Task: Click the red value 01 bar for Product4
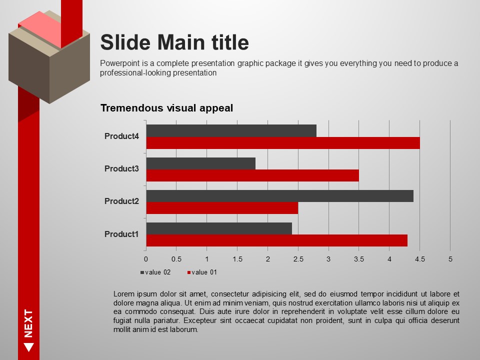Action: [x=283, y=143]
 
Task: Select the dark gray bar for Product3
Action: [x=201, y=163]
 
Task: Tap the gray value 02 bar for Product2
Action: [x=280, y=196]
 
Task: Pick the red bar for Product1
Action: [x=276, y=240]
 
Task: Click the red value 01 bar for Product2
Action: [x=222, y=208]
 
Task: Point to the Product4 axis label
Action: [x=121, y=136]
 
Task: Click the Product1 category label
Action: [x=121, y=234]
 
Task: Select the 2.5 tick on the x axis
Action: [x=298, y=259]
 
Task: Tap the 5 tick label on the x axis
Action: [x=450, y=259]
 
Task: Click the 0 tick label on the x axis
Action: [x=146, y=259]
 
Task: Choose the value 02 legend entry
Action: [x=155, y=272]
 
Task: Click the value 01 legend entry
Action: [x=202, y=272]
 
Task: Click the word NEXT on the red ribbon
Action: [x=28, y=323]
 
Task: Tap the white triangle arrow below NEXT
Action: [x=29, y=347]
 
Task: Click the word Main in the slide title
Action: [x=181, y=42]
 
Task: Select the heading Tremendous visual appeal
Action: [x=167, y=108]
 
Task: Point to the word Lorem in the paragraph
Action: [x=124, y=294]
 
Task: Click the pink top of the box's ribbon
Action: [x=40, y=29]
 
